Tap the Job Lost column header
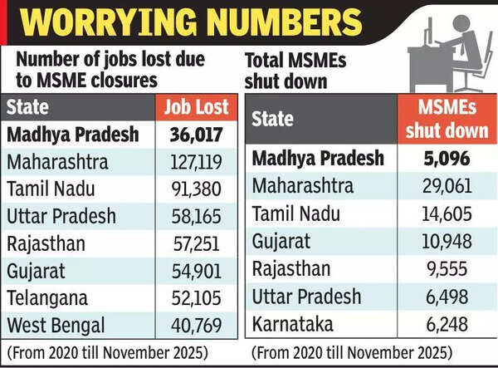(196, 107)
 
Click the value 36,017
(196, 134)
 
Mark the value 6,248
(448, 323)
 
